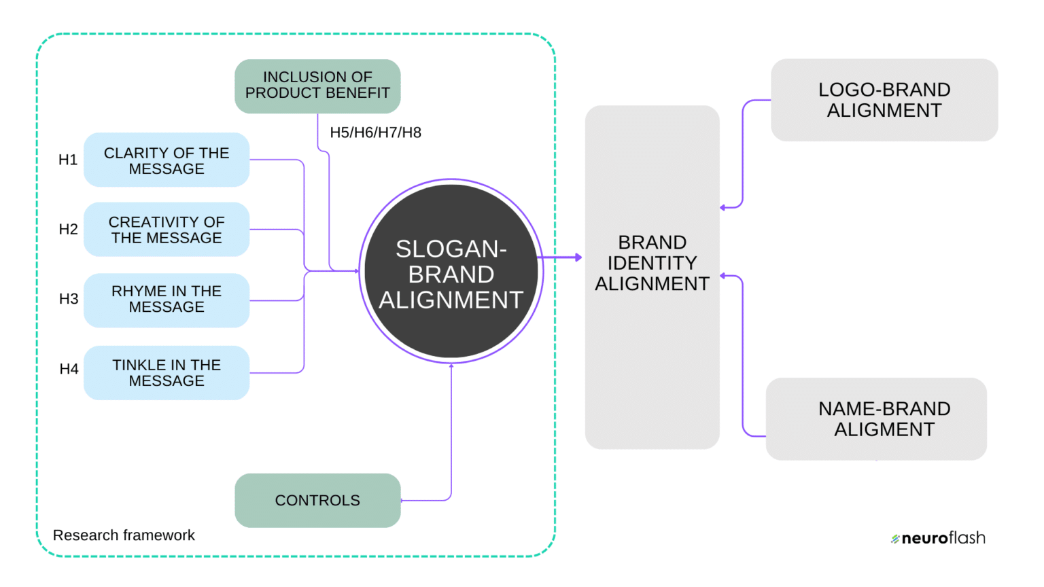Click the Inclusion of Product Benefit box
317,86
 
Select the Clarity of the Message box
167,160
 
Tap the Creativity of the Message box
167,230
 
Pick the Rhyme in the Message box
167,300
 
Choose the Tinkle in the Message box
167,373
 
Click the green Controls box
317,501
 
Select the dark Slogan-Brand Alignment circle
451,272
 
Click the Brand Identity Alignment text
652,263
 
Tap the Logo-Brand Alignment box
884,100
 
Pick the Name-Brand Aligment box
876,419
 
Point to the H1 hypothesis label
68,160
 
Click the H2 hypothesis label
68,230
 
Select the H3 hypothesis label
68,300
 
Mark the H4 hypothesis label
69,370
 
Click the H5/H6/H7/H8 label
375,133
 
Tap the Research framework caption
124,535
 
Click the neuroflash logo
938,538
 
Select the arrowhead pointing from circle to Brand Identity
578,257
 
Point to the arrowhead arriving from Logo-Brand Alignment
723,207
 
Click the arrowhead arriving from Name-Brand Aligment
723,276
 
